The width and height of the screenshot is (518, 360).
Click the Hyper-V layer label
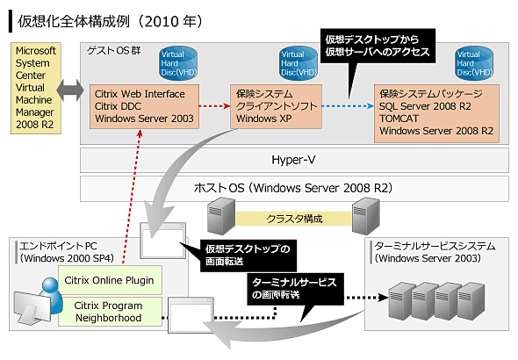(x=293, y=160)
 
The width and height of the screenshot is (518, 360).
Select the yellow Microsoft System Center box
(x=36, y=88)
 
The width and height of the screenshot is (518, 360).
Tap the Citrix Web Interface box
(x=144, y=106)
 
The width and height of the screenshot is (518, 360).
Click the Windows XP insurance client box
(x=276, y=106)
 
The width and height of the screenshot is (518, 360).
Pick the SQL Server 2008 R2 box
(x=436, y=113)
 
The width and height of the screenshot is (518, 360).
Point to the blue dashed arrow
(x=348, y=106)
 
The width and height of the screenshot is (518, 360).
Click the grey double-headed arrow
(x=70, y=90)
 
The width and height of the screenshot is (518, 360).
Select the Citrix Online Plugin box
(x=110, y=280)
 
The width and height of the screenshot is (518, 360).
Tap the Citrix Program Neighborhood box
(x=110, y=312)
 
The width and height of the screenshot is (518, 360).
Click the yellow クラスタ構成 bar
(x=294, y=219)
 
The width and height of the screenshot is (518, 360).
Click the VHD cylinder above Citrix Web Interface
(x=178, y=64)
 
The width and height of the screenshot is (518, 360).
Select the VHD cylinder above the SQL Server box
(x=474, y=64)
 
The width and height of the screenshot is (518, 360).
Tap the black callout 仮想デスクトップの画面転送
(x=248, y=256)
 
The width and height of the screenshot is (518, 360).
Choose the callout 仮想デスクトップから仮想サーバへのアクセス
(x=378, y=46)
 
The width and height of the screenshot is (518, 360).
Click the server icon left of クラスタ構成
(x=221, y=216)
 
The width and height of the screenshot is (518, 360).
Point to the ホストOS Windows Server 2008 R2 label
(x=293, y=188)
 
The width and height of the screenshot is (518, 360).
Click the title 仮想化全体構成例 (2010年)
(x=110, y=21)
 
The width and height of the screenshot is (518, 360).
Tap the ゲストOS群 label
(x=113, y=51)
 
